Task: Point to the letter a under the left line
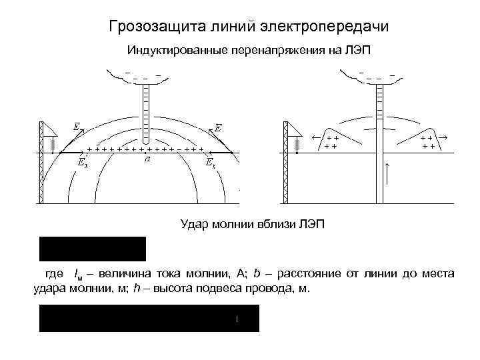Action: point(147,160)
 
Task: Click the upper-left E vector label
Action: point(77,125)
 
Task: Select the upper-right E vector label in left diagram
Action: point(218,127)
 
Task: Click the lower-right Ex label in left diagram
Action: point(209,162)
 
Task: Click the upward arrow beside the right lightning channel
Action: point(388,172)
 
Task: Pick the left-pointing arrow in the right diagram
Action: point(317,137)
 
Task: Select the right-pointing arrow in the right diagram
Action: point(442,137)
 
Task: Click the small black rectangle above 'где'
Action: point(93,248)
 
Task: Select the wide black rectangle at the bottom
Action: point(149,319)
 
